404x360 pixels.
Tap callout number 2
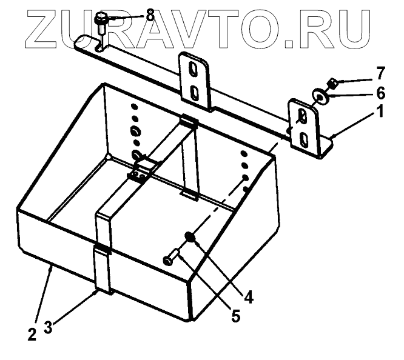32,332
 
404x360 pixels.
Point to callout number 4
249,298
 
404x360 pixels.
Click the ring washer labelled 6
318,95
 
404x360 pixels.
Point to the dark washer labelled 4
190,237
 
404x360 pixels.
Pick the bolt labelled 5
170,258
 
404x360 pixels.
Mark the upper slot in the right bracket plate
301,116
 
